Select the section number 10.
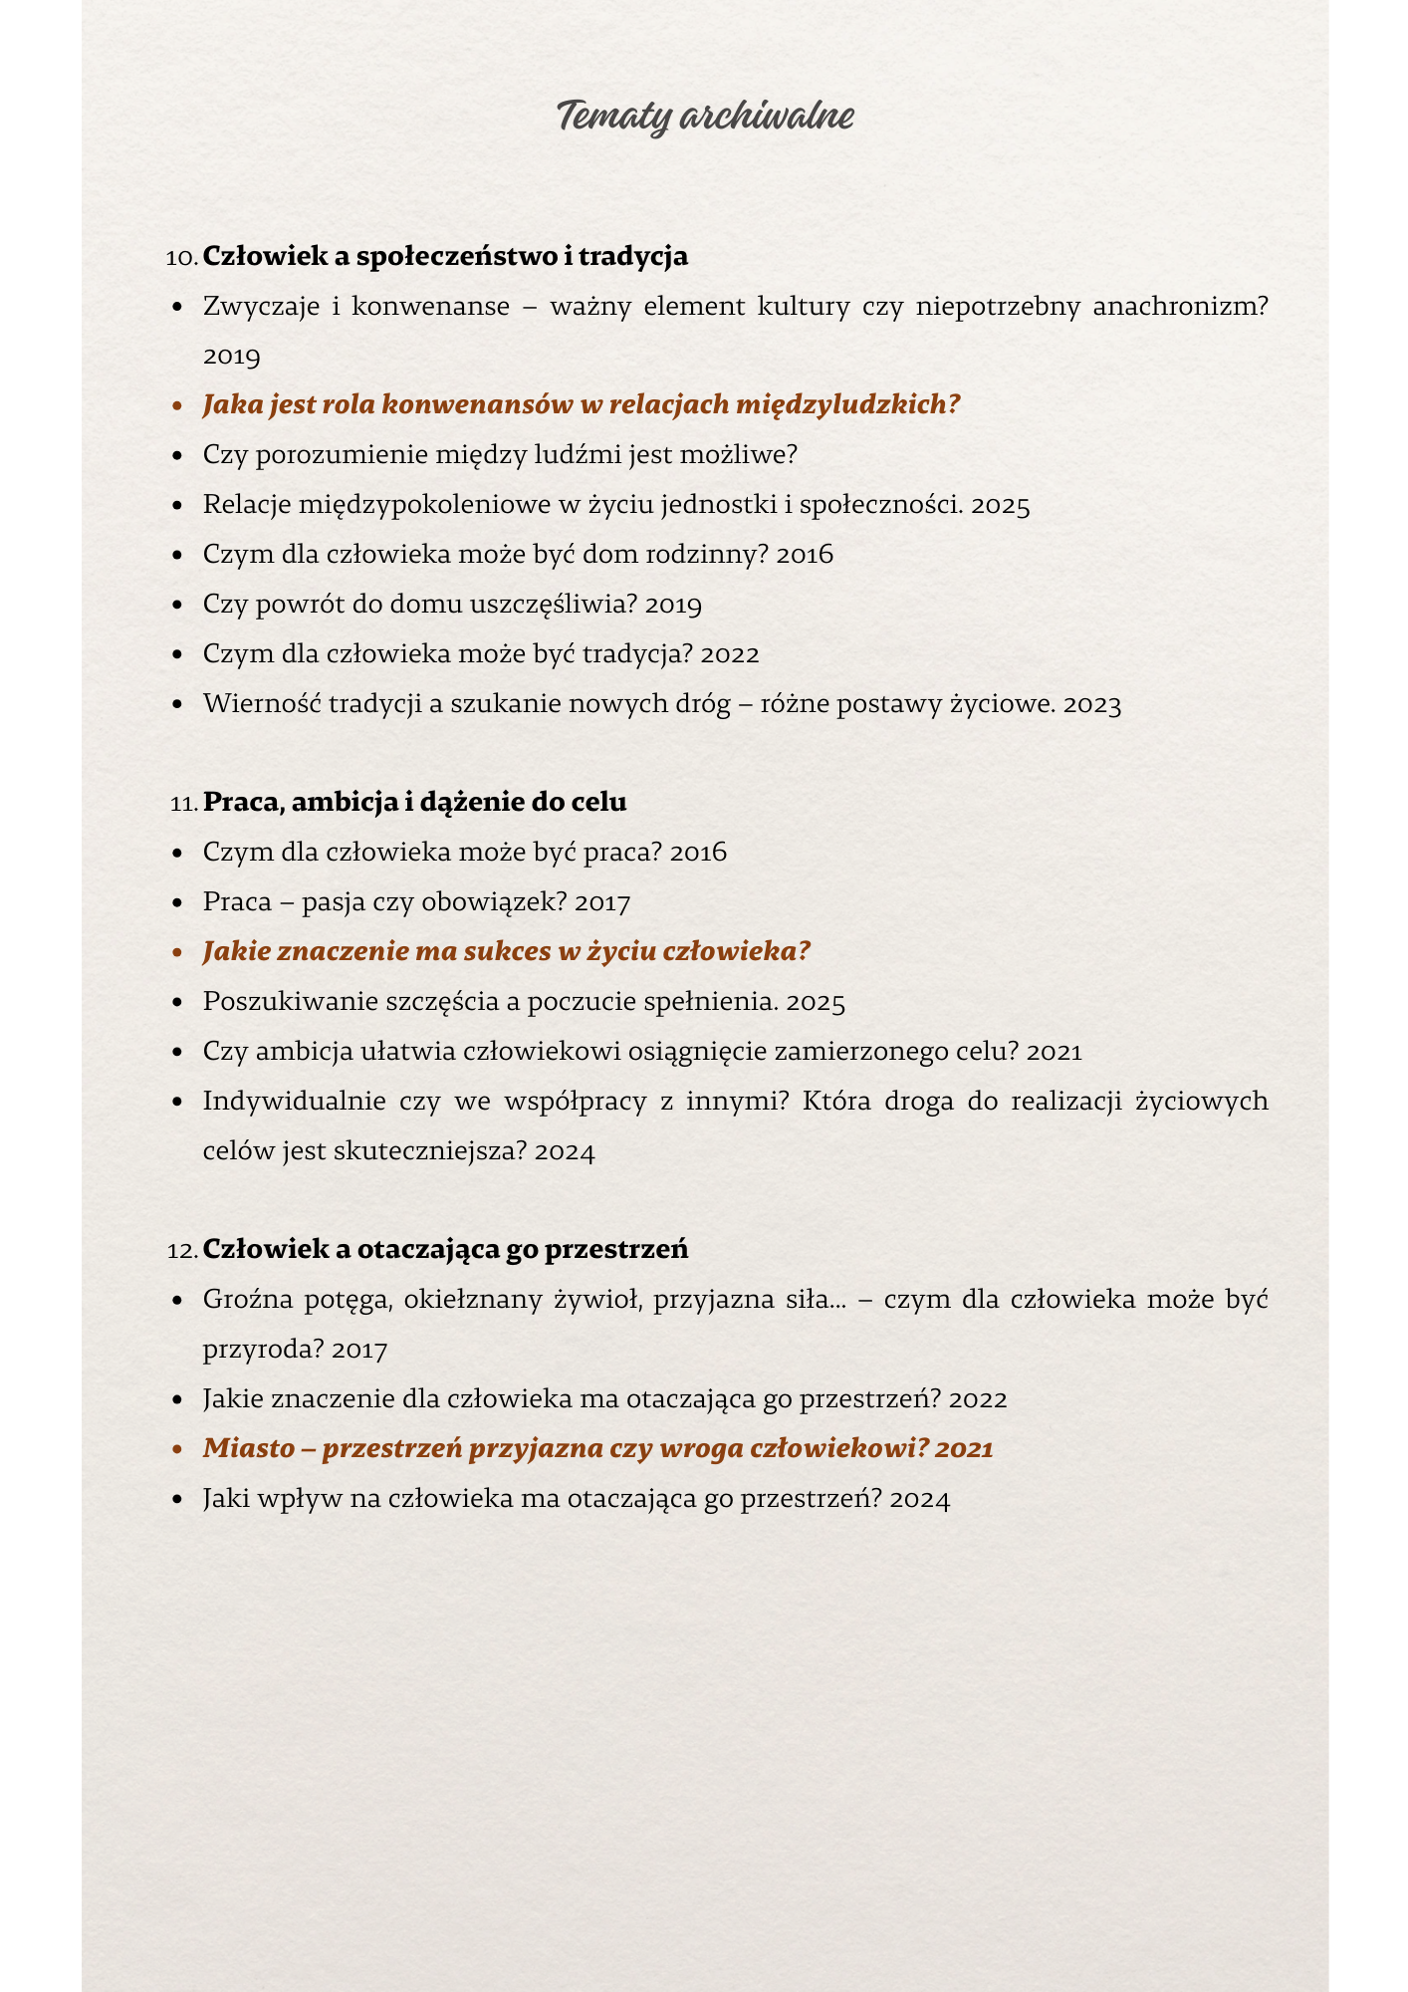tap(181, 257)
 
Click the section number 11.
tap(183, 803)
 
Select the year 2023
tap(1092, 704)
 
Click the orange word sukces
tap(508, 951)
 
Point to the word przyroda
tap(263, 1351)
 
